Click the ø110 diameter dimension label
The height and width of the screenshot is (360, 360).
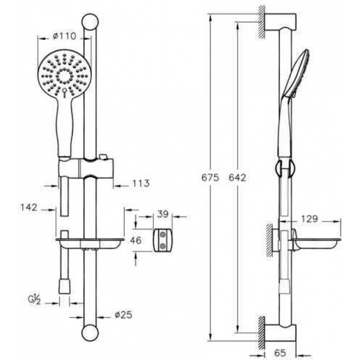(64, 37)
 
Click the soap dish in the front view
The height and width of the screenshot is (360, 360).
(90, 243)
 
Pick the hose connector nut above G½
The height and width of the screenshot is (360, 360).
(64, 285)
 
